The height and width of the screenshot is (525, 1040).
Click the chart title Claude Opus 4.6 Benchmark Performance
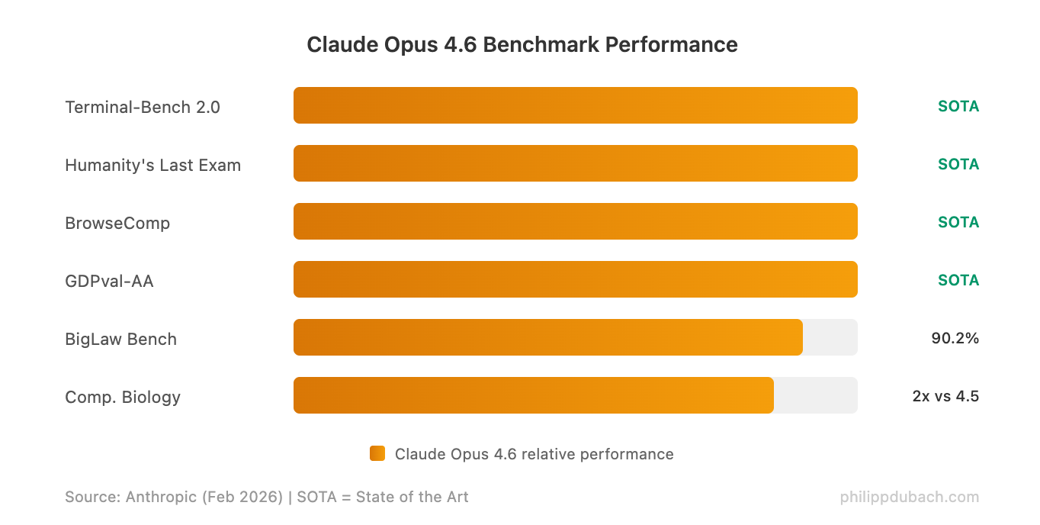(522, 44)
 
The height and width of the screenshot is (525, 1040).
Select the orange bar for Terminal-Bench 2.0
(575, 105)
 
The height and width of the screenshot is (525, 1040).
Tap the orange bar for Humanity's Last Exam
(575, 163)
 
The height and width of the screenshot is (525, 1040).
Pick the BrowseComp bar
(575, 221)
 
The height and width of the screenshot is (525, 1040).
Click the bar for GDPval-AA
(575, 279)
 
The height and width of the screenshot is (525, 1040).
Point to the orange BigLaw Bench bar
(547, 337)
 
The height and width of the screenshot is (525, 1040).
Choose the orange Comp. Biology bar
(533, 395)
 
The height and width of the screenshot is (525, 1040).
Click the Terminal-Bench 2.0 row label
(143, 107)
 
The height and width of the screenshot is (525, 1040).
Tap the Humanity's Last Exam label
(152, 165)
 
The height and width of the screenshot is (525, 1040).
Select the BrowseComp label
(117, 223)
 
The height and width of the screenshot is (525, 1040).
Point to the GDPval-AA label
(109, 281)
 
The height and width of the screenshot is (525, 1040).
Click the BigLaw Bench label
(120, 339)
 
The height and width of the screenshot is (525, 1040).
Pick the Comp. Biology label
(123, 397)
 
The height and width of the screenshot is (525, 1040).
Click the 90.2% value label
(955, 338)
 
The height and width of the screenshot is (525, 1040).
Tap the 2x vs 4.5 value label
(945, 396)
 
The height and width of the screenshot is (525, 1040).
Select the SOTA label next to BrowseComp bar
(958, 222)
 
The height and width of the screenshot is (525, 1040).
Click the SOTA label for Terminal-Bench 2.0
(958, 106)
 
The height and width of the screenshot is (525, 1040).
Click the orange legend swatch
(377, 453)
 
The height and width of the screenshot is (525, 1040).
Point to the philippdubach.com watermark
(910, 498)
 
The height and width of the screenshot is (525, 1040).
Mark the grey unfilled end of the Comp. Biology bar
(816, 395)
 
